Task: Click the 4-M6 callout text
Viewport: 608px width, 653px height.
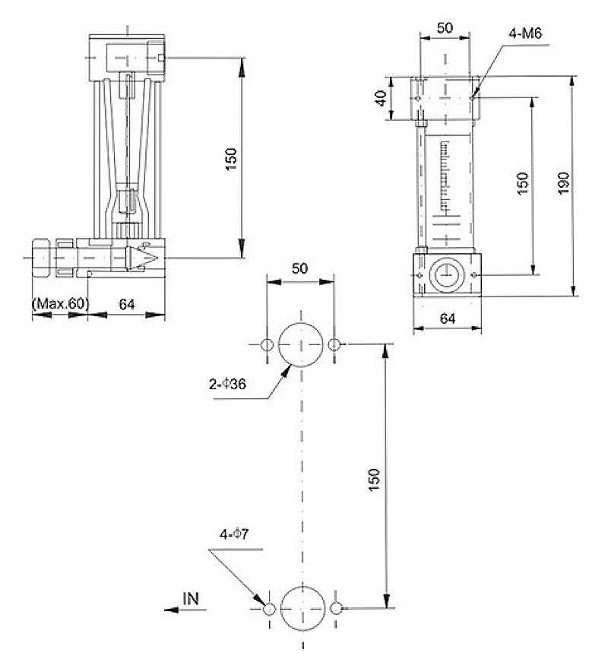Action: (x=525, y=33)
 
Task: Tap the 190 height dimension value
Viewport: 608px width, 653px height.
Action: (x=563, y=182)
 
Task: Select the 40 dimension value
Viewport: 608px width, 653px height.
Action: (x=381, y=99)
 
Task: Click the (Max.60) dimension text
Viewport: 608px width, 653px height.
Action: (x=60, y=303)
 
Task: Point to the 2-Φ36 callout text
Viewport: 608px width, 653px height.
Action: (x=227, y=384)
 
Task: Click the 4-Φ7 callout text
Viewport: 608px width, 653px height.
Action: (x=234, y=534)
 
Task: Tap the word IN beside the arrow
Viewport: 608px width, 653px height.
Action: (x=191, y=599)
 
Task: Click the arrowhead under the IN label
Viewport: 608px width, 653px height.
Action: (x=172, y=610)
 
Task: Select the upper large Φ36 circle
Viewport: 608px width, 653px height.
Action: (x=300, y=323)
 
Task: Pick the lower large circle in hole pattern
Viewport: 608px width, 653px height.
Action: (x=302, y=587)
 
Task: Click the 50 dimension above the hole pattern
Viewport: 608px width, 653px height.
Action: (x=300, y=268)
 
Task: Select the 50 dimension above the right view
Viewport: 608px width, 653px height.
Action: (x=445, y=28)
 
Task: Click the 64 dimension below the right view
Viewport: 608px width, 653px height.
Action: (x=448, y=319)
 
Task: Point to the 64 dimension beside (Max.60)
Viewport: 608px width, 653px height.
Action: (x=127, y=304)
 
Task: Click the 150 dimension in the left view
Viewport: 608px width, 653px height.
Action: (x=232, y=159)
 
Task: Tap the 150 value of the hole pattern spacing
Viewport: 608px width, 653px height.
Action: (x=375, y=480)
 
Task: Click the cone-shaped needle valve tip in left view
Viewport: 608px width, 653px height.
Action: (x=141, y=258)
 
